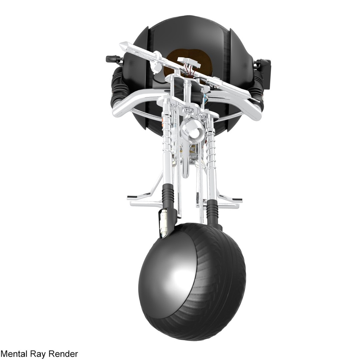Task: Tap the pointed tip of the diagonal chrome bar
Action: [122, 44]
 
